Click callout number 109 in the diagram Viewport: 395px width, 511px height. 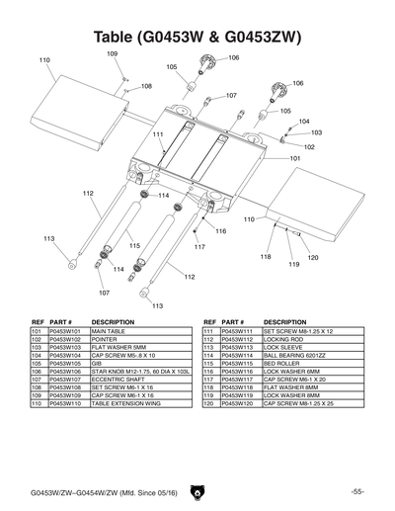point(112,52)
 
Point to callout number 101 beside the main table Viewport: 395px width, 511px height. point(295,157)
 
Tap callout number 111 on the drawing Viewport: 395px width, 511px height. point(157,133)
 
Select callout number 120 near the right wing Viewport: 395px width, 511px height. point(313,258)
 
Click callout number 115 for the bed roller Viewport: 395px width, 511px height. point(134,245)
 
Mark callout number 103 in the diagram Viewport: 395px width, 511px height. point(316,131)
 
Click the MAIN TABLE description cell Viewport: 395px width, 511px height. point(112,332)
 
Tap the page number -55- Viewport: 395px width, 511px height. point(356,491)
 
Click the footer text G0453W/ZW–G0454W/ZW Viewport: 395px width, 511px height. point(70,491)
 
